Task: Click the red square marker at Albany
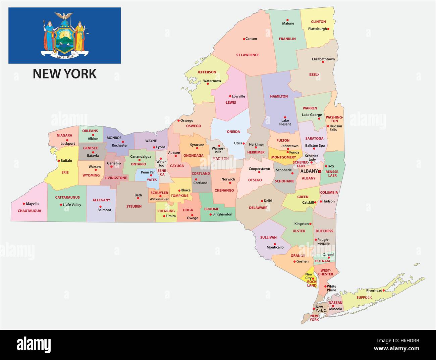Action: click(x=320, y=171)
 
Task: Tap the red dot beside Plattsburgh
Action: click(x=329, y=29)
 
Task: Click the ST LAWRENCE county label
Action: click(x=248, y=55)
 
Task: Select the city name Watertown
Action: click(x=212, y=81)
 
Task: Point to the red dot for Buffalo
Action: click(x=59, y=161)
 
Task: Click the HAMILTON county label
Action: click(x=279, y=96)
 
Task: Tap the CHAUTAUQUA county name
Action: click(x=30, y=211)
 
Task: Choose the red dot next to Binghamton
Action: click(x=211, y=214)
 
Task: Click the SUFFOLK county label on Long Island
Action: click(x=364, y=298)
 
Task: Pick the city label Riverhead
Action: click(x=374, y=291)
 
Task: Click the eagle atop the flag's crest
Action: click(x=64, y=16)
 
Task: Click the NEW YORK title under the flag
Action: click(x=65, y=73)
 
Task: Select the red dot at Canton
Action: click(x=244, y=39)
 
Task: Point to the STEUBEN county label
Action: click(x=134, y=206)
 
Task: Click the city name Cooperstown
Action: click(x=259, y=169)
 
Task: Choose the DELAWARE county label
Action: click(x=258, y=208)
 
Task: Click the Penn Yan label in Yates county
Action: click(x=148, y=172)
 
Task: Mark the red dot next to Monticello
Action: click(x=275, y=244)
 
